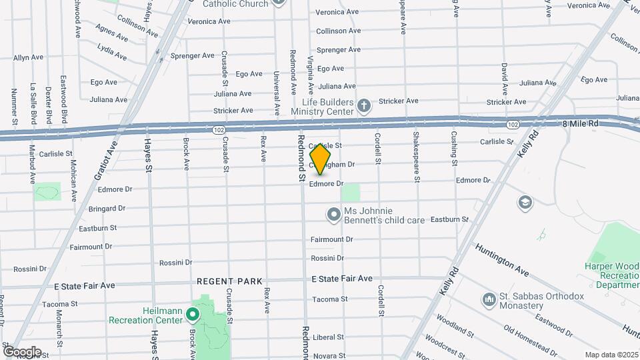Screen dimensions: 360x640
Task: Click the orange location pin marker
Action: tap(321, 159)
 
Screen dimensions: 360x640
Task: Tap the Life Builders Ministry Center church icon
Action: tap(363, 105)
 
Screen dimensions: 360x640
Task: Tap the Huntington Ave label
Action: tap(502, 260)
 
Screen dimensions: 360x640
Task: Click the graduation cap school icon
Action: tap(525, 202)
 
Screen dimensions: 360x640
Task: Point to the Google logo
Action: tap(22, 351)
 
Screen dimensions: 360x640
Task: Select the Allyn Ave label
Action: tap(29, 58)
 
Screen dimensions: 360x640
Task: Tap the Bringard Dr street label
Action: tap(107, 209)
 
